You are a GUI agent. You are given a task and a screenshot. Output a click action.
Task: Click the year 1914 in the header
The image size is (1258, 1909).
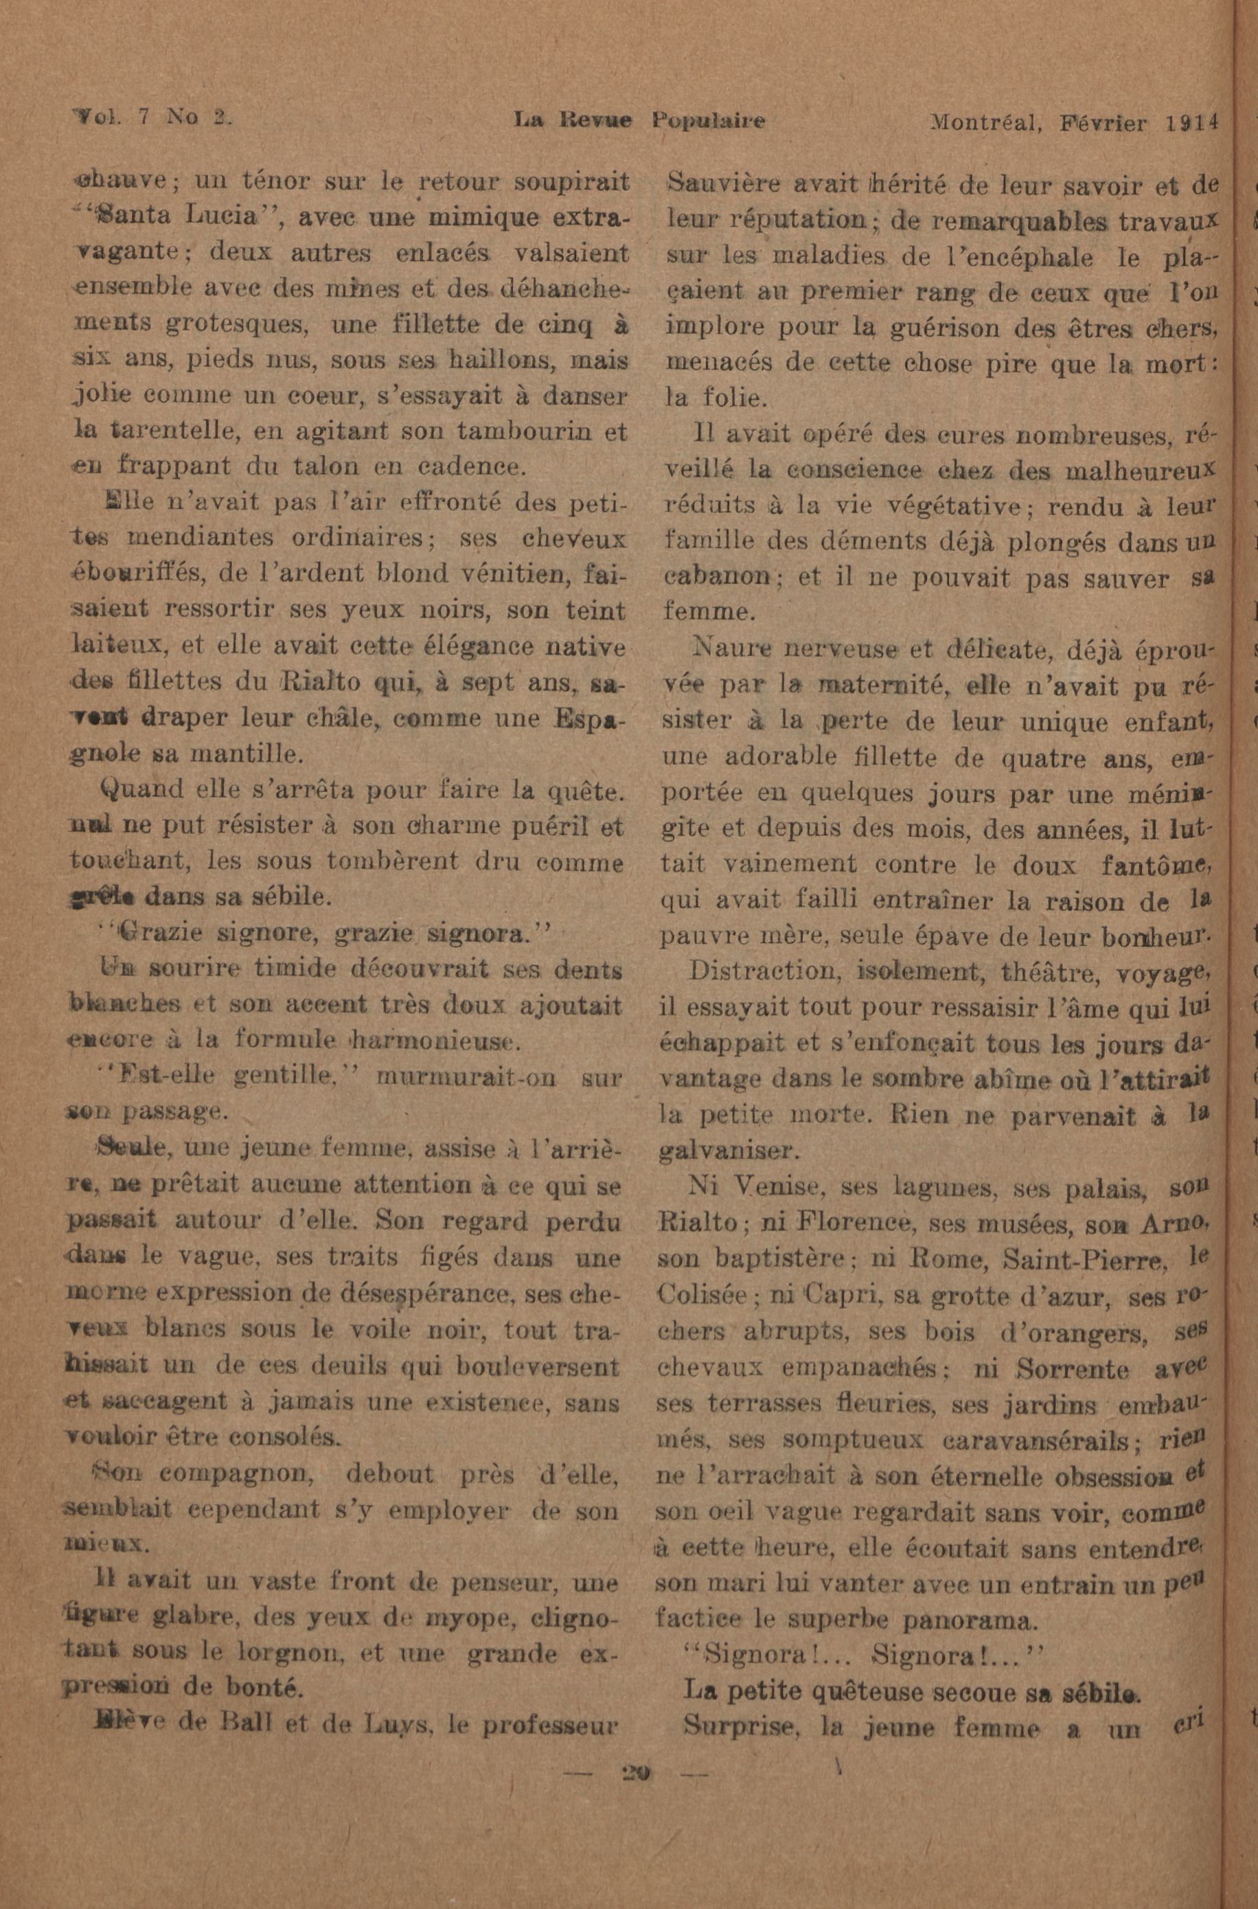point(1192,122)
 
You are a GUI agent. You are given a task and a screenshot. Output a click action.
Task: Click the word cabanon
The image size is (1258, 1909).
point(718,577)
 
